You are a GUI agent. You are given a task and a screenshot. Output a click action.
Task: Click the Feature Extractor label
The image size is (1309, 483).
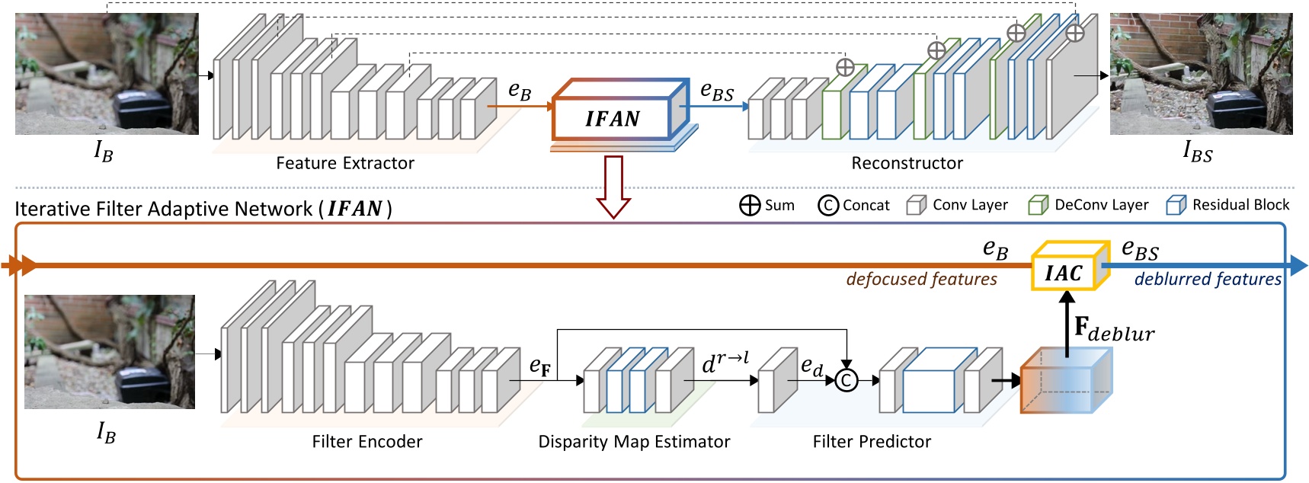345,163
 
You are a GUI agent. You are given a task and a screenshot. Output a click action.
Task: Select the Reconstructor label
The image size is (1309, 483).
907,163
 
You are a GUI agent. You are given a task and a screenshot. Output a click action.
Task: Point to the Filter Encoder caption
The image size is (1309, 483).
366,442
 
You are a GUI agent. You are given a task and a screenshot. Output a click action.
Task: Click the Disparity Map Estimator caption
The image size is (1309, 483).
634,442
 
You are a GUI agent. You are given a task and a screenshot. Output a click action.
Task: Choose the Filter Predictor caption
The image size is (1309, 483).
872,442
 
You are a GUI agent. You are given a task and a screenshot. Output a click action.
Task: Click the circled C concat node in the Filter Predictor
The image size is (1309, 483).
846,380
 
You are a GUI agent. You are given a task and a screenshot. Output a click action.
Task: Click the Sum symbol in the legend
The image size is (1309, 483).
750,206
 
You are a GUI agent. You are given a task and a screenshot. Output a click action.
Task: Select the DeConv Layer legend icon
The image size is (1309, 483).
1038,205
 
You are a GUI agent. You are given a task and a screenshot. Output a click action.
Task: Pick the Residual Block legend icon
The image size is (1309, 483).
1176,205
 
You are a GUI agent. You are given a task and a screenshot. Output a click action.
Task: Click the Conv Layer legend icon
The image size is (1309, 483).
917,205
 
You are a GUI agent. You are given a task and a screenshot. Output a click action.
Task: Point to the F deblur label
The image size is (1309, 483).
1113,329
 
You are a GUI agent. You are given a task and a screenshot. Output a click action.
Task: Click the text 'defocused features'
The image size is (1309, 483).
921,280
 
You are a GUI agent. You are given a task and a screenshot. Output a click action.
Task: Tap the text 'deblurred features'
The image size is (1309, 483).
1207,280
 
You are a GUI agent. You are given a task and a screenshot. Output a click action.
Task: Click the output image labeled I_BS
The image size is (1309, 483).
1201,74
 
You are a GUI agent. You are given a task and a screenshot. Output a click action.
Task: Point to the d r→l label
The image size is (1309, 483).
725,363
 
